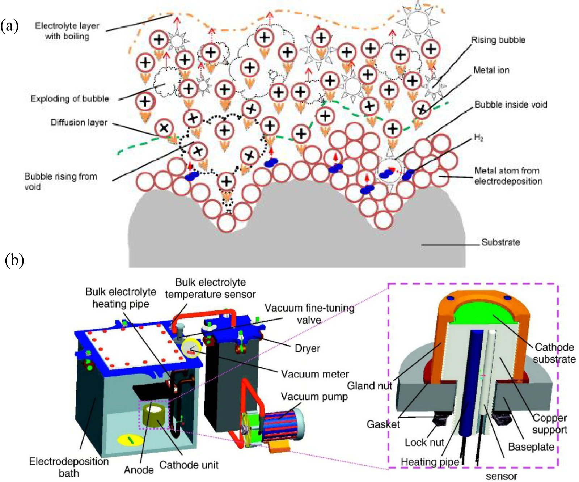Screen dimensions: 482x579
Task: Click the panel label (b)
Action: [14, 260]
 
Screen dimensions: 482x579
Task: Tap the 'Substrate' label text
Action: [500, 242]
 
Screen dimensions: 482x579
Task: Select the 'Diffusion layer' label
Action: [79, 122]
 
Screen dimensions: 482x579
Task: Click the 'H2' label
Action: [478, 138]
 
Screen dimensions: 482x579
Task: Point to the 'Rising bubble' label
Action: [498, 40]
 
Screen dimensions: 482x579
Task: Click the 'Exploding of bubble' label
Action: [69, 99]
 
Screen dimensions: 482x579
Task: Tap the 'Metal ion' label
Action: [491, 70]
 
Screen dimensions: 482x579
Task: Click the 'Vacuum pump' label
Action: [314, 397]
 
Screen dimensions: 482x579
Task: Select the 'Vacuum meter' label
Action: [315, 374]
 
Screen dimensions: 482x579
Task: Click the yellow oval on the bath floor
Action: [130, 440]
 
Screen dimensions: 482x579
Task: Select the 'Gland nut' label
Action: [369, 386]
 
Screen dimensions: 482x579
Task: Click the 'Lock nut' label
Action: [424, 442]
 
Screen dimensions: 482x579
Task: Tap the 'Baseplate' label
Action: [531, 447]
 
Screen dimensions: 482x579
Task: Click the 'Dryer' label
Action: [307, 348]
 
